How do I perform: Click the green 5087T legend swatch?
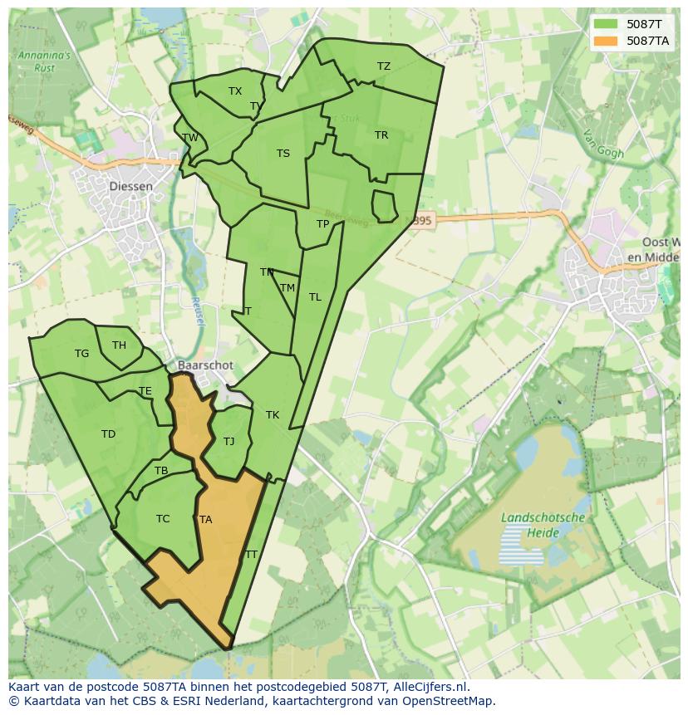pos(606,24)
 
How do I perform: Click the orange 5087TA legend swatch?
pos(606,41)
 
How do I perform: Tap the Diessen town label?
pos(131,186)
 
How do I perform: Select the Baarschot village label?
pos(205,365)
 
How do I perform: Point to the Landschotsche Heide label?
pos(543,525)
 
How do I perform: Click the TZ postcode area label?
pos(383,66)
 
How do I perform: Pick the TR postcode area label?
pos(381,135)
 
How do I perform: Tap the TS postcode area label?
pos(283,154)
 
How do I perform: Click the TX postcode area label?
pos(235,91)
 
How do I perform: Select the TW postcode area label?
pos(190,138)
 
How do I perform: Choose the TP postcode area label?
pos(323,224)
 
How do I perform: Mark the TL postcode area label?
pos(315,297)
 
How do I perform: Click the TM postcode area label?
pos(287,288)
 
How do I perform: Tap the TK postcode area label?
pos(273,415)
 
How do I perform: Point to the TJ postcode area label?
pos(229,442)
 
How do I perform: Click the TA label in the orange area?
pos(205,520)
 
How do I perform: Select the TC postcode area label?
pos(163,519)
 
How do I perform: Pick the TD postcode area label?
pos(108,434)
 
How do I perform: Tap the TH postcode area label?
pos(119,345)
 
